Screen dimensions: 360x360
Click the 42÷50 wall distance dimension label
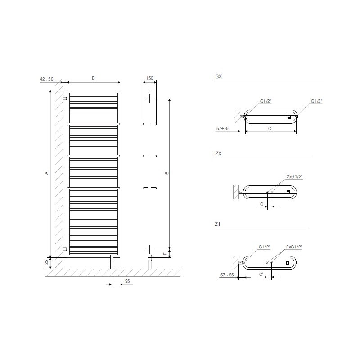[x=47, y=79]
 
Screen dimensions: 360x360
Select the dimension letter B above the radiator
[x=93, y=78]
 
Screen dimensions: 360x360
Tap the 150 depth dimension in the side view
[x=150, y=78]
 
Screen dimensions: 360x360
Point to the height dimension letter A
[x=47, y=173]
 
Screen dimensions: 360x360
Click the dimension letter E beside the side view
[x=167, y=173]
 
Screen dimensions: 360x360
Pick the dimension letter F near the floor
[x=165, y=254]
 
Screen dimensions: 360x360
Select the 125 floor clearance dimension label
[x=47, y=264]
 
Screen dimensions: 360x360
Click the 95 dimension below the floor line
[x=127, y=281]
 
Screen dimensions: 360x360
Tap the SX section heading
[x=219, y=76]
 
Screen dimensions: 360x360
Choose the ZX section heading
[x=218, y=153]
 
